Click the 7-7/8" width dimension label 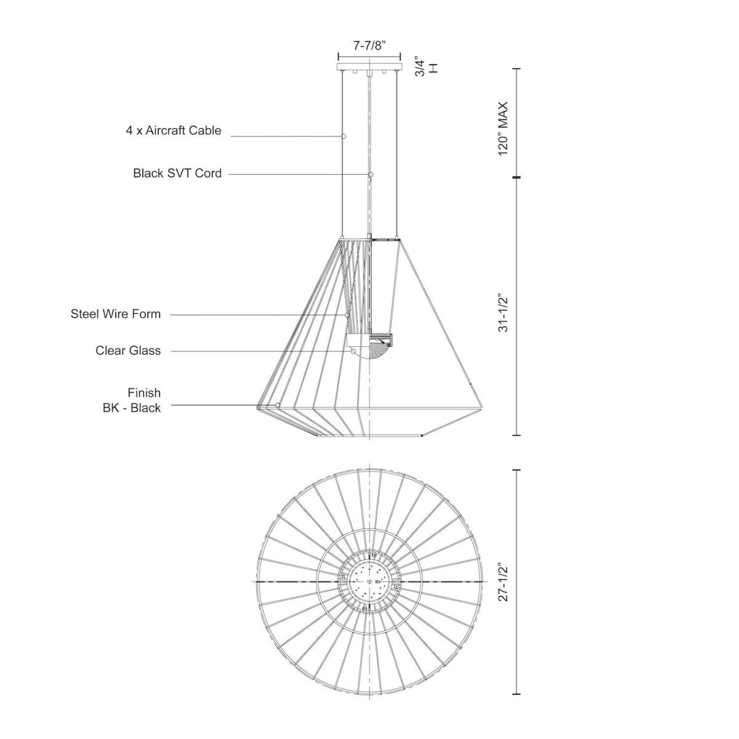(x=369, y=46)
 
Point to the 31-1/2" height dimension (x=504, y=313)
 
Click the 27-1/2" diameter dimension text (x=504, y=581)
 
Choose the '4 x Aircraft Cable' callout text (x=172, y=131)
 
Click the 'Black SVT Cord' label (x=177, y=173)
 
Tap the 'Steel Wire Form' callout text (x=116, y=314)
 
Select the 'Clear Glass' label (x=128, y=350)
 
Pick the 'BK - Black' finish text (x=132, y=408)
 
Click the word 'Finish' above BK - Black (x=144, y=392)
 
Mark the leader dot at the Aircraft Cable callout (x=344, y=135)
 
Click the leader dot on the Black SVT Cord (x=371, y=175)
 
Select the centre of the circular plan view (x=369, y=581)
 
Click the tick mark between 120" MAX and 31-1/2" (x=516, y=177)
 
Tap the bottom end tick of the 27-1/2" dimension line (x=516, y=694)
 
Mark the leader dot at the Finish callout (x=279, y=405)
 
